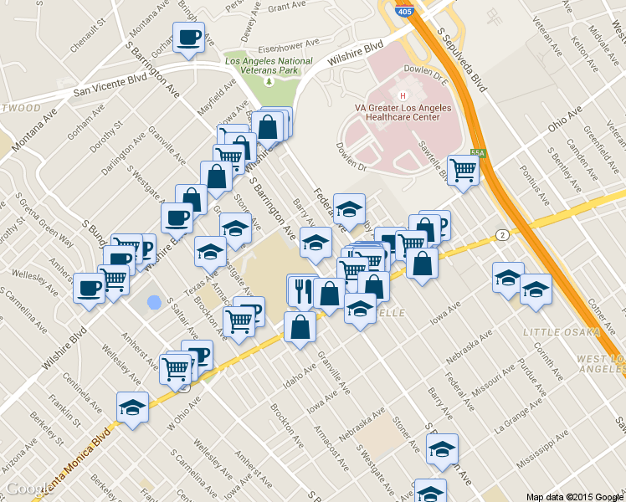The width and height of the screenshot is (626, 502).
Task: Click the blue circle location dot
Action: point(153,302)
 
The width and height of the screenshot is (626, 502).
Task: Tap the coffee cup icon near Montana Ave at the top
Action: point(188,38)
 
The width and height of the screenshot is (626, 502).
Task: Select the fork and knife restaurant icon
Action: point(301,291)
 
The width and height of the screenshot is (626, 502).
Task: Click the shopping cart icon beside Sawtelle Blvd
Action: point(462,170)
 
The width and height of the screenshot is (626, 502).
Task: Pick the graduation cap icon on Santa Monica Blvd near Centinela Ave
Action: point(132,407)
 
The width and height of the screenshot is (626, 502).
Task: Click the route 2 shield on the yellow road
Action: point(500,233)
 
